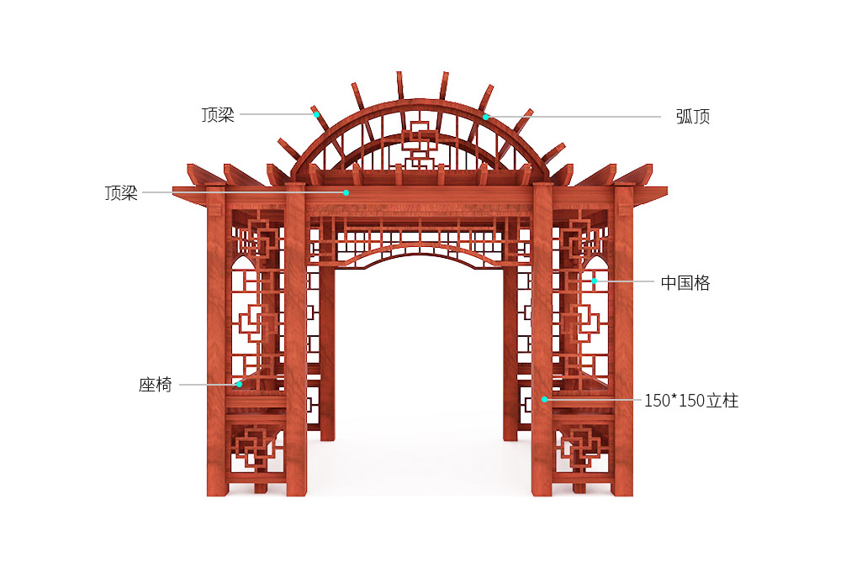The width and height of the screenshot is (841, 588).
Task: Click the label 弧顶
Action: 692,116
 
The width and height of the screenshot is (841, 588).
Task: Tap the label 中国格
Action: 685,282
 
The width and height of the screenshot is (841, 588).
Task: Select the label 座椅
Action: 155,385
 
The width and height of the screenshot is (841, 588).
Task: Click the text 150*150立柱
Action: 691,401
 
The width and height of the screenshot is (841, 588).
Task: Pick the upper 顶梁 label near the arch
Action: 218,114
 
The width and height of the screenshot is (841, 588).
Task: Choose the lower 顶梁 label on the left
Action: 121,193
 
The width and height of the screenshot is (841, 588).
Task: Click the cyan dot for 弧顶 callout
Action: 485,117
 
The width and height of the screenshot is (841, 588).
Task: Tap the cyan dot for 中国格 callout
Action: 595,281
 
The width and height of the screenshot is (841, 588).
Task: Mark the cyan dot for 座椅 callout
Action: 239,384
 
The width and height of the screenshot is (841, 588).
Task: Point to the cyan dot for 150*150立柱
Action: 544,400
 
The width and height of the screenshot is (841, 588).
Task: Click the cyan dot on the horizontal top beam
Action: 346,192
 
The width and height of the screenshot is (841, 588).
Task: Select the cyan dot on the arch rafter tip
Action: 316,114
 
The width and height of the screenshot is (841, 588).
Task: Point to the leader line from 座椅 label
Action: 208,385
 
